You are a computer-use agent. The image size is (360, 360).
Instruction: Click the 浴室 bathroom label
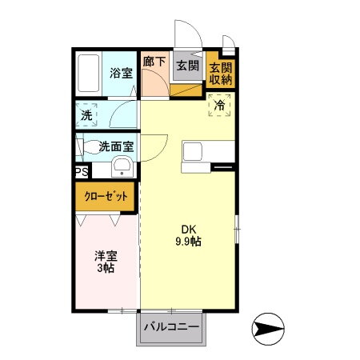120,70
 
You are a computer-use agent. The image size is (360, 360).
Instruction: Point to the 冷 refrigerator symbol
218,106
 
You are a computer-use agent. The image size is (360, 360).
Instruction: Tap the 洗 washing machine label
86,114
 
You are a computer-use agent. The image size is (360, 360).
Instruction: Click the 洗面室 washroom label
116,147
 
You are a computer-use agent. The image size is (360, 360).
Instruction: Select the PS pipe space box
82,171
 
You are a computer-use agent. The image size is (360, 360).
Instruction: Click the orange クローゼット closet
106,195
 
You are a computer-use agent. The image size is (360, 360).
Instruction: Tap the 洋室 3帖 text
106,262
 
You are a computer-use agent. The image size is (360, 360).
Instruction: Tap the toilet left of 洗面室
83,147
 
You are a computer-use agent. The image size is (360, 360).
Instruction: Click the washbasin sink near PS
122,167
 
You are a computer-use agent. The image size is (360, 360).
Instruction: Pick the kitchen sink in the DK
194,152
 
